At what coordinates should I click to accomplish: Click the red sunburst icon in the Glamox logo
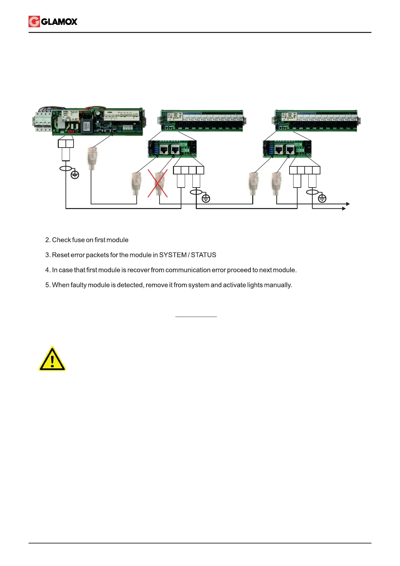(34, 22)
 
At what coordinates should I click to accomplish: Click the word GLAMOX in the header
(59, 22)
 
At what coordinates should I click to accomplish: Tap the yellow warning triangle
(52, 359)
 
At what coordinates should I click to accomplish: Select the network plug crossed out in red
(159, 183)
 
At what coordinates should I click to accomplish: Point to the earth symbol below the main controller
(75, 174)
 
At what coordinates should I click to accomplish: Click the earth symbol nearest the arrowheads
(322, 198)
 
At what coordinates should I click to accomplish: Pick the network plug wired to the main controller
(92, 158)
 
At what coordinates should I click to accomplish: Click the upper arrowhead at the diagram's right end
(348, 204)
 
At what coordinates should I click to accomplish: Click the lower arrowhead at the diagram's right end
(344, 209)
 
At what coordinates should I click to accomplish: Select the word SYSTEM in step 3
(173, 255)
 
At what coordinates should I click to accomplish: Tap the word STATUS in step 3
(204, 255)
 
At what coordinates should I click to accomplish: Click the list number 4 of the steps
(47, 270)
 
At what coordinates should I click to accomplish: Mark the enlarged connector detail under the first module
(172, 149)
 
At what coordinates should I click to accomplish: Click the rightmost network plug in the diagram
(276, 183)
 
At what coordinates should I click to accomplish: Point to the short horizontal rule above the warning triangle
(196, 317)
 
